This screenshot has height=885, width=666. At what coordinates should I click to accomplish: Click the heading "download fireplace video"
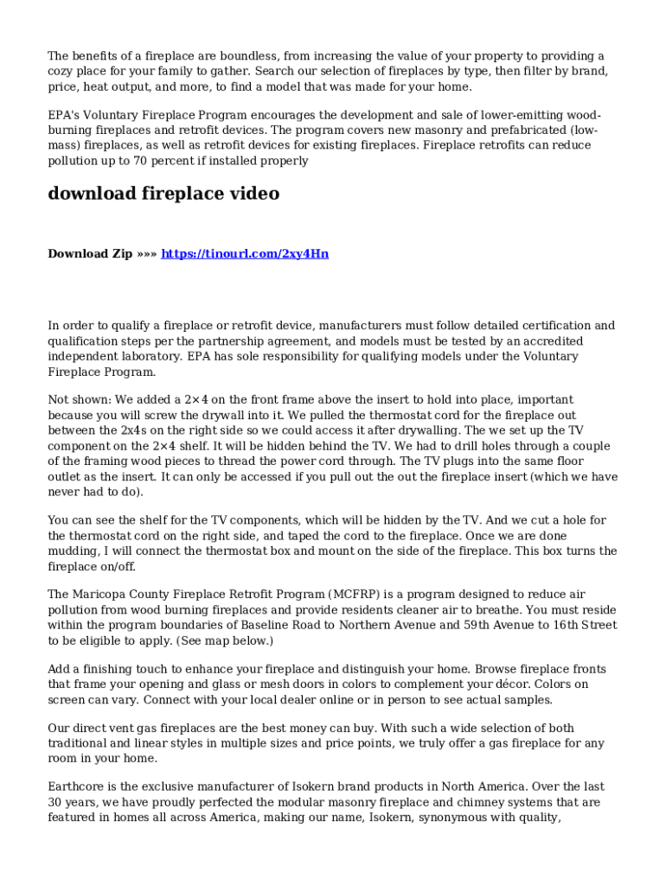pos(163,194)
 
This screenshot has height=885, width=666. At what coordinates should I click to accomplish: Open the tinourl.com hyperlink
pos(245,253)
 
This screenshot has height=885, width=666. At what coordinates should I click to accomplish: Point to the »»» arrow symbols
pos(147,253)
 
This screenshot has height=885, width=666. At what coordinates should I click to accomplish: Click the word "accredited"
pos(551,341)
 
